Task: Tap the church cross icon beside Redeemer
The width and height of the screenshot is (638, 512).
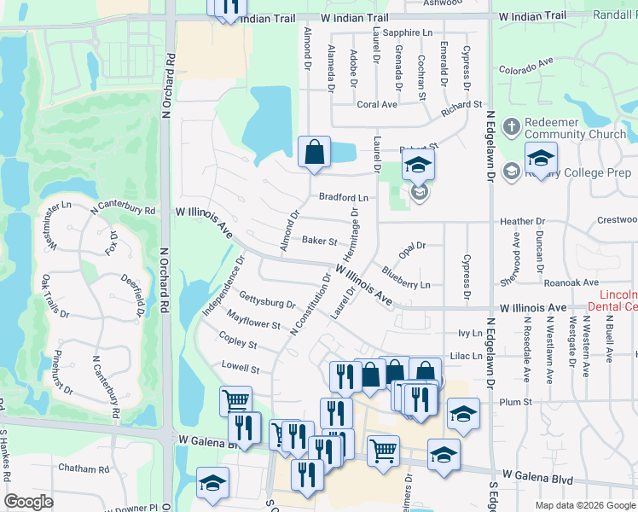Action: click(511, 127)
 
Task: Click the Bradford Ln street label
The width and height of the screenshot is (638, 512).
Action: click(344, 197)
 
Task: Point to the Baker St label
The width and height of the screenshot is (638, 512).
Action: click(320, 241)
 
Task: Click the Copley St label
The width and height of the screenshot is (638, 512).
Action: click(238, 342)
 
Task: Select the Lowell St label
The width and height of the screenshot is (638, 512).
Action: click(241, 369)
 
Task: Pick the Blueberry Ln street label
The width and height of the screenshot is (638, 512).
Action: click(406, 278)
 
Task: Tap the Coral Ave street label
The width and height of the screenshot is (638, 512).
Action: click(377, 105)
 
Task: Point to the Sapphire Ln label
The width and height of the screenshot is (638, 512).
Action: click(408, 32)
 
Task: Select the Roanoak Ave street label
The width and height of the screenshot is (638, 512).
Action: click(574, 282)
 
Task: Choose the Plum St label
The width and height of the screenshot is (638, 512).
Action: click(516, 401)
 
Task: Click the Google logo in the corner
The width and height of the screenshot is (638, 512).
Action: click(28, 502)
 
